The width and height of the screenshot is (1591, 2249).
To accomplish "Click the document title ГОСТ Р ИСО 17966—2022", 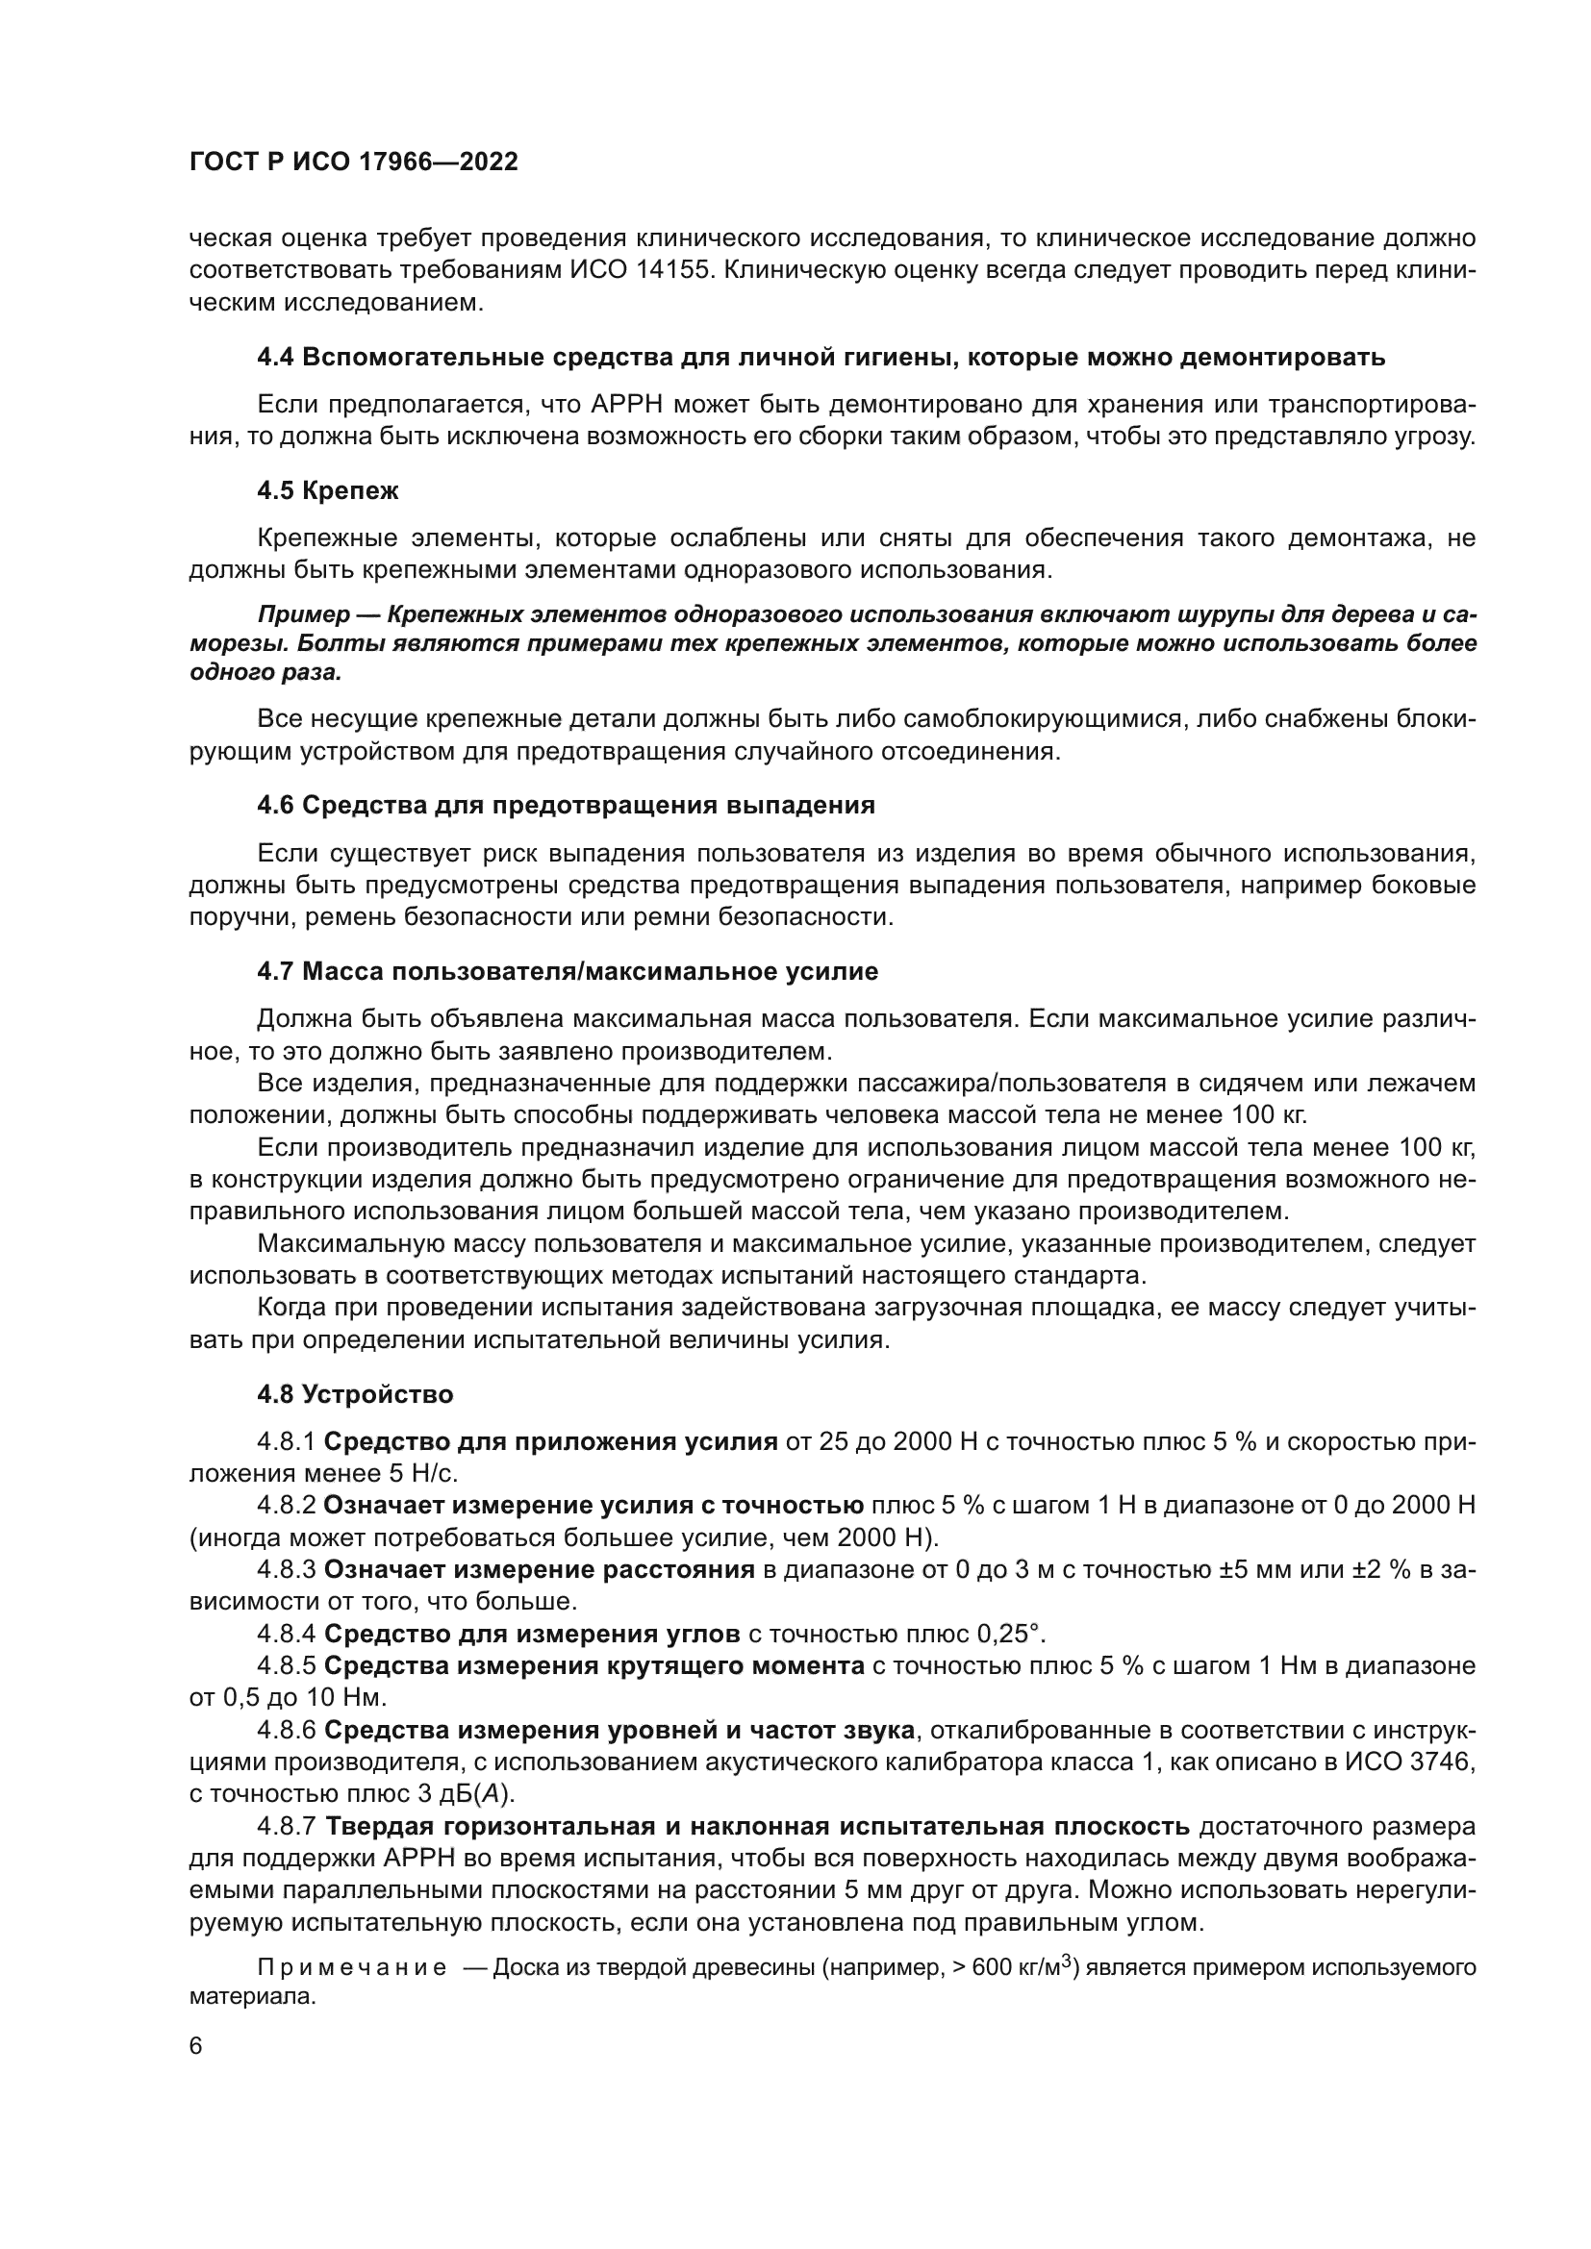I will pos(353,162).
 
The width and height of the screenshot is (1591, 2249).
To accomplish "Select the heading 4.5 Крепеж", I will pos(327,490).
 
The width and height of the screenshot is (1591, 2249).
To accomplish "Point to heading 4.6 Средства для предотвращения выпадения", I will pos(566,805).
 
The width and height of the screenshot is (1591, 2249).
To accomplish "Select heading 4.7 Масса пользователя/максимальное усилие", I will pos(568,972).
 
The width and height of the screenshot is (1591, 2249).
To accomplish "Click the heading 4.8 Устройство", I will pos(355,1394).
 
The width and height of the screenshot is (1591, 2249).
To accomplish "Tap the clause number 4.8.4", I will pos(286,1634).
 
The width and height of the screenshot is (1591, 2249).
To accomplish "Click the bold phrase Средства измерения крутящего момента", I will pos(593,1666).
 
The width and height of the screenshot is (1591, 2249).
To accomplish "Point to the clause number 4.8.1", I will pos(286,1442).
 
